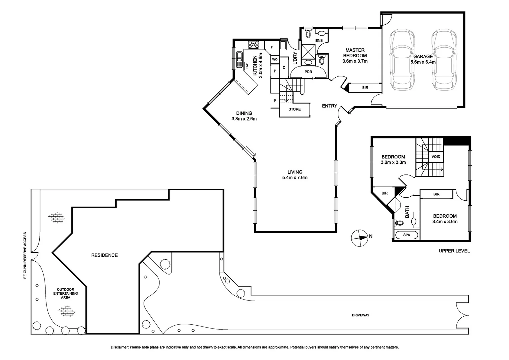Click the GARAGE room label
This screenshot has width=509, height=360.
pos(423,56)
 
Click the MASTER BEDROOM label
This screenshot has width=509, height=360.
pos(355,53)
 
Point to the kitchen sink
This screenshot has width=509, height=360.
pos(239,60)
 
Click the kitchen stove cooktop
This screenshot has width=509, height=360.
pos(254,44)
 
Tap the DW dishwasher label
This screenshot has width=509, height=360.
pos(247,66)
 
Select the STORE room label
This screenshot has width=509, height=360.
pos(294,109)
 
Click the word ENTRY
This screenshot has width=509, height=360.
pos(329,106)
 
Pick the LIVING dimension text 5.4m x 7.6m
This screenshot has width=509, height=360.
pos(295,178)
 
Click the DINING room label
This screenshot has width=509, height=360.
pos(244,113)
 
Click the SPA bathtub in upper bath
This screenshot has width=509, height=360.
pos(407,235)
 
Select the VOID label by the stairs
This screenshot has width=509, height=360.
pos(436,157)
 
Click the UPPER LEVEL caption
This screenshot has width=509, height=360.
pos(454,251)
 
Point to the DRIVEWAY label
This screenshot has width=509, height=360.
pos(360,315)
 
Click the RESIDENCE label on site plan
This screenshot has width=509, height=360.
pos(104,255)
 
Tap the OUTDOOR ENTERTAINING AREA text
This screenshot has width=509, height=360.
pos(66,293)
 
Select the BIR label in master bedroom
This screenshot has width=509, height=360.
pos(365,88)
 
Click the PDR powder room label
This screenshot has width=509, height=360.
pos(308,72)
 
